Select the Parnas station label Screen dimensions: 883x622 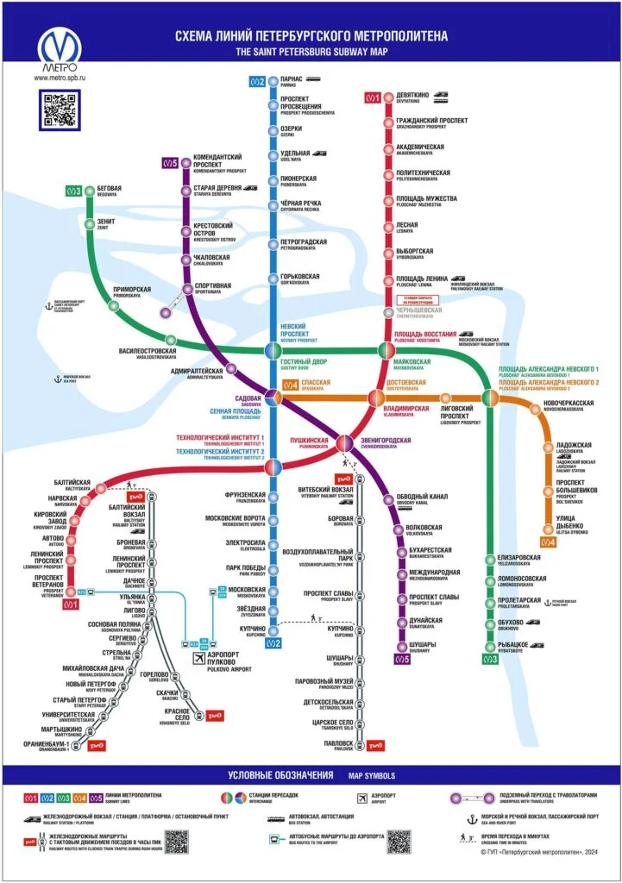pyautogui.click(x=292, y=81)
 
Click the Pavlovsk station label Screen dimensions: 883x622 pyautogui.click(x=339, y=744)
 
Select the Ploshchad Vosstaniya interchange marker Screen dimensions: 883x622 pyautogui.click(x=386, y=350)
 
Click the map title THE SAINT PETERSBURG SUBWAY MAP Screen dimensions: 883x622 pyautogui.click(x=311, y=51)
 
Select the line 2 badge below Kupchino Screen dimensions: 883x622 pyautogui.click(x=273, y=643)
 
